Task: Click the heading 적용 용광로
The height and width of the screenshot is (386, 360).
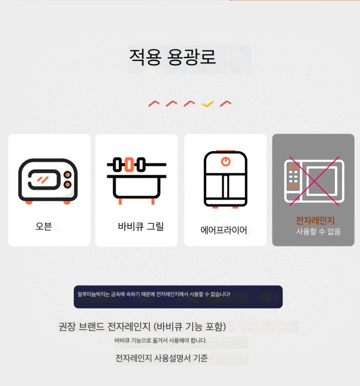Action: pyautogui.click(x=172, y=57)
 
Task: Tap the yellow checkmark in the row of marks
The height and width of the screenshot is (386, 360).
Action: pyautogui.click(x=208, y=104)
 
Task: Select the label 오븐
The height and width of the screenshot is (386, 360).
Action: pyautogui.click(x=44, y=226)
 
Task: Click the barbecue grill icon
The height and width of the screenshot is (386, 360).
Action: pyautogui.click(x=136, y=180)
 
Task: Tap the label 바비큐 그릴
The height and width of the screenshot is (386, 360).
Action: pyautogui.click(x=141, y=226)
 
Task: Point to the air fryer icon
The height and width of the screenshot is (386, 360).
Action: pyautogui.click(x=225, y=179)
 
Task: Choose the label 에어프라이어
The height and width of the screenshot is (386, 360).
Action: pyautogui.click(x=224, y=230)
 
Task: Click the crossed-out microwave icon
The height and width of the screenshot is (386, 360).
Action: pyautogui.click(x=314, y=181)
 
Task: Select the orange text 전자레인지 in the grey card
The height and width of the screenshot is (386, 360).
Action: pyautogui.click(x=315, y=220)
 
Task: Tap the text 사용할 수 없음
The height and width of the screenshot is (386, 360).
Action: pyautogui.click(x=318, y=232)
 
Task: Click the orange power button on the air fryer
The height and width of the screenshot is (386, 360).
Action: pyautogui.click(x=226, y=161)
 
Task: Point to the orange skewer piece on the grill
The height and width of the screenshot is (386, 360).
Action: pyautogui.click(x=129, y=165)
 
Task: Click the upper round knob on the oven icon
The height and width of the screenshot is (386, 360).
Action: pyautogui.click(x=67, y=175)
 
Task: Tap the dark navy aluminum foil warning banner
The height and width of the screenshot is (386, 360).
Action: pyautogui.click(x=178, y=297)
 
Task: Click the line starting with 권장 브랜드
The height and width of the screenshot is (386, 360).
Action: pyautogui.click(x=142, y=327)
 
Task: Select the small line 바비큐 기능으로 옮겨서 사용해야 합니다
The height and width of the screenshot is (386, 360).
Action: pyautogui.click(x=160, y=340)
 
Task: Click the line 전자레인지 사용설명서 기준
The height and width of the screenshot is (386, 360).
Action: pyautogui.click(x=161, y=358)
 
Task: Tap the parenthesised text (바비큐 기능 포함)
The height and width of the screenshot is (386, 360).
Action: pyautogui.click(x=190, y=327)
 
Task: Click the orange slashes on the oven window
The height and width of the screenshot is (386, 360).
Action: pyautogui.click(x=42, y=180)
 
